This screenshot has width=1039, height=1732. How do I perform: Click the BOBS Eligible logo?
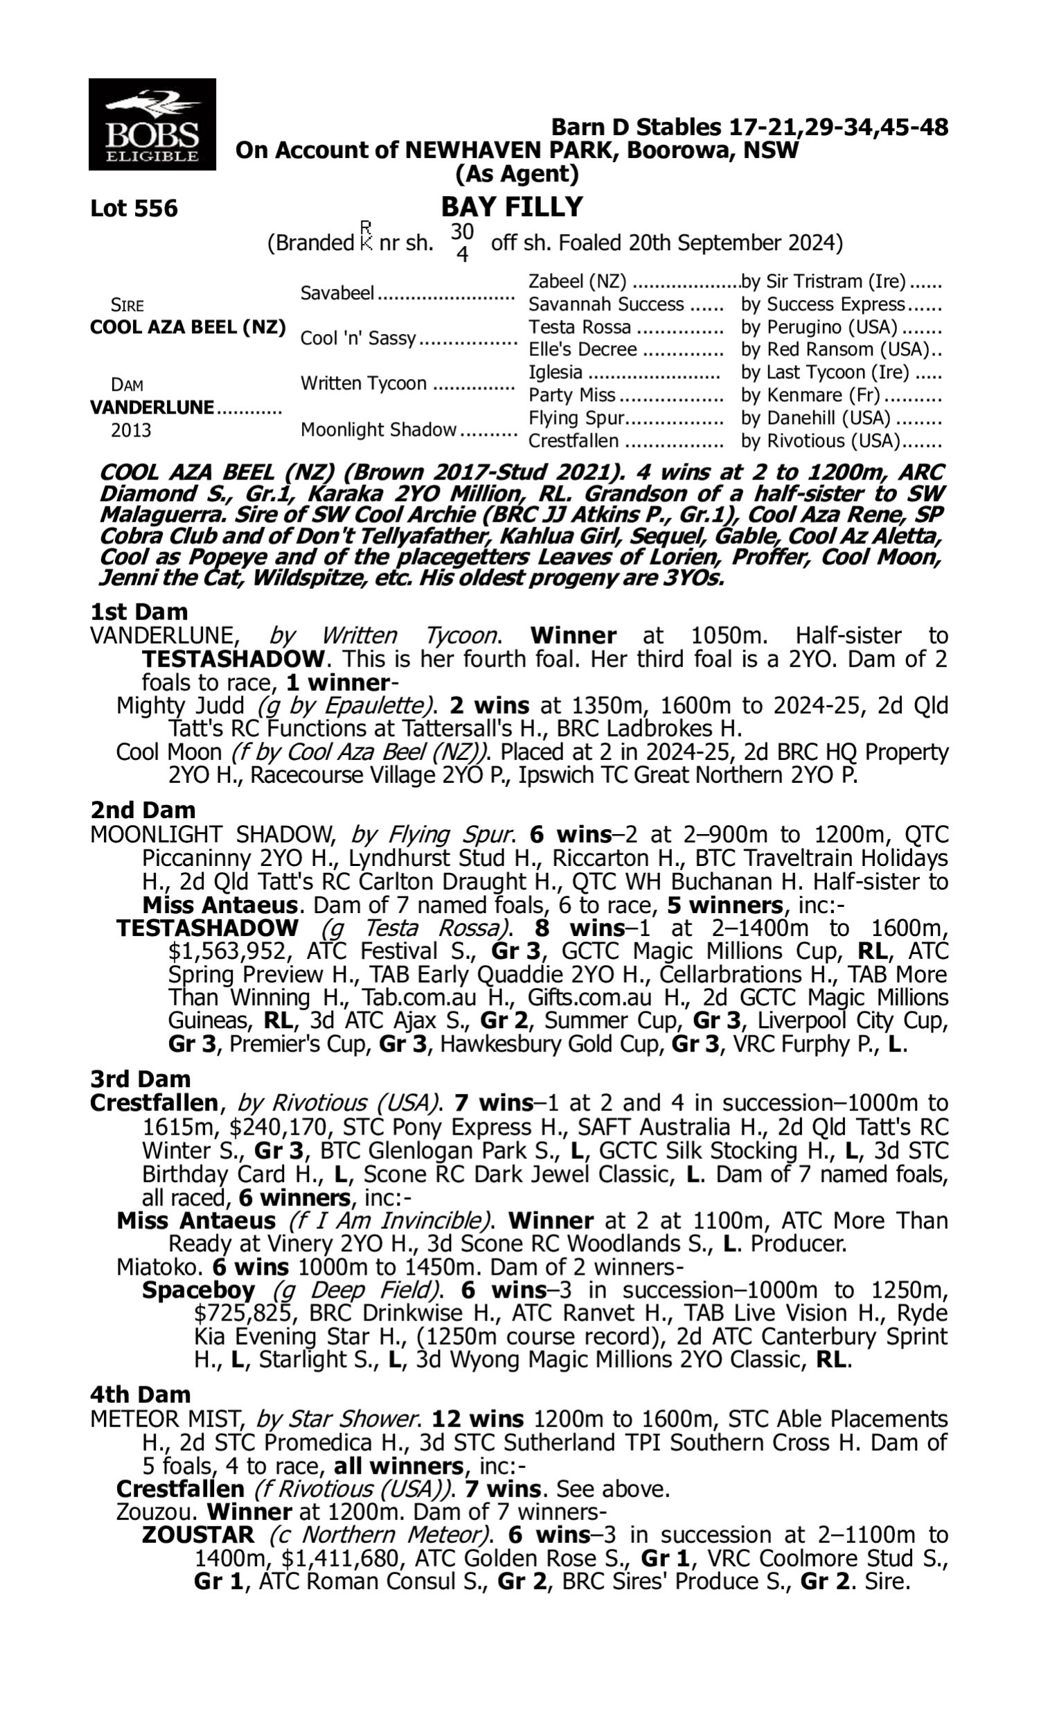[x=152, y=124]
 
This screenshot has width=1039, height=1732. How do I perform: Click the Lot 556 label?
[x=134, y=209]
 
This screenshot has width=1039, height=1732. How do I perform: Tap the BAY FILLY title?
[x=512, y=206]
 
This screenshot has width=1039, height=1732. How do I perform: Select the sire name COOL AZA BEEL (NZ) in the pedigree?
[x=188, y=328]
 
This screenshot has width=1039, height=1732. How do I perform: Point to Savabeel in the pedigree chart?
[x=337, y=292]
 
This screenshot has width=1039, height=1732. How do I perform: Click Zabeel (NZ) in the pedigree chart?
[x=577, y=281]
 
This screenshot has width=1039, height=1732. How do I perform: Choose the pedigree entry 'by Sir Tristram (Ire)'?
[x=824, y=281]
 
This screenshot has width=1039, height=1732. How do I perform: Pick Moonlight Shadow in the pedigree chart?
[x=378, y=429]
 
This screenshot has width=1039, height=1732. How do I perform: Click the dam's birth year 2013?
[x=131, y=430]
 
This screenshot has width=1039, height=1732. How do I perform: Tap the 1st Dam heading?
[x=139, y=612]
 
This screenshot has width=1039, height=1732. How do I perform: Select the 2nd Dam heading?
[x=142, y=810]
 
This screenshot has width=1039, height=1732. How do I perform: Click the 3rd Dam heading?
[x=140, y=1079]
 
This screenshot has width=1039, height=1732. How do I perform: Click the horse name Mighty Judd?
[x=181, y=705]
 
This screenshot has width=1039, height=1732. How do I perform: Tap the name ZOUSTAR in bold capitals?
[x=197, y=1535]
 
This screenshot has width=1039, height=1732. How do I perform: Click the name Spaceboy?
[x=198, y=1289]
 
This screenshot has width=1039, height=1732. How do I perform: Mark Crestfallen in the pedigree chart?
[x=574, y=441]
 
